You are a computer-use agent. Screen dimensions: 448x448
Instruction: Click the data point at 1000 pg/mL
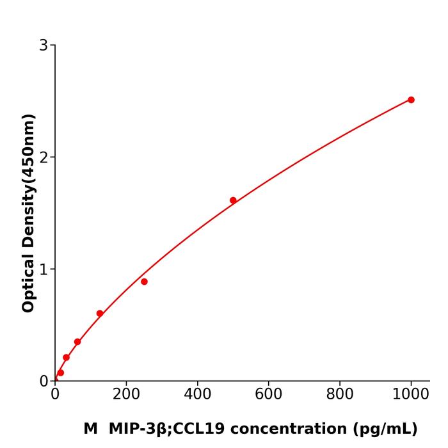coord(411,100)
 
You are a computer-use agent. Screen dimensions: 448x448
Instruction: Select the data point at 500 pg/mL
coord(233,200)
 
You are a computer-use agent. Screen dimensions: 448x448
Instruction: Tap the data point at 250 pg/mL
coord(144,282)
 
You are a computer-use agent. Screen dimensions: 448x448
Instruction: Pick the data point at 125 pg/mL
coord(100,314)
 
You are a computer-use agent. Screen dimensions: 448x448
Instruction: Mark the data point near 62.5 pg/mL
coord(77,342)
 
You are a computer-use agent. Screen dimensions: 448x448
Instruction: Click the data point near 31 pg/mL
coord(66,358)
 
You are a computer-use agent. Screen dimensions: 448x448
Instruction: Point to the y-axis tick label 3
coord(44,45)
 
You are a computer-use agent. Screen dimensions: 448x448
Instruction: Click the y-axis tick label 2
coord(44,157)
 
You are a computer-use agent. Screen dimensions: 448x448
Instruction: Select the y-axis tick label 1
coord(44,269)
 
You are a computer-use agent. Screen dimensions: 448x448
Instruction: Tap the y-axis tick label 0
coord(44,381)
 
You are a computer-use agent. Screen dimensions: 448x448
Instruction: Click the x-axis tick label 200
coord(126,395)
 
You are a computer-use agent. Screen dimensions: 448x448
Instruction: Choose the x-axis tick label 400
coord(197,395)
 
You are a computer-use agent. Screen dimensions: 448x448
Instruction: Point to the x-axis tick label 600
coord(268,395)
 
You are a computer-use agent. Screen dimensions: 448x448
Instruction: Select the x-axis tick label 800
coord(339,395)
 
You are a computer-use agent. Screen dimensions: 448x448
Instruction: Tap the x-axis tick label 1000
coord(411,395)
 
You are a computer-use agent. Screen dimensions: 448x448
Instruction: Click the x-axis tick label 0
coord(55,395)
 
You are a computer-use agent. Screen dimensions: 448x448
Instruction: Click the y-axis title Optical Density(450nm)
coord(28,213)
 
